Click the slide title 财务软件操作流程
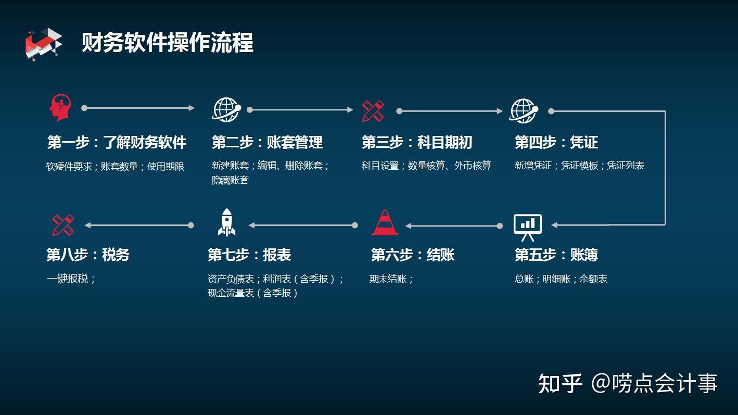point(167,43)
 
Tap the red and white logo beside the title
point(43,44)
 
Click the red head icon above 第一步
point(60,108)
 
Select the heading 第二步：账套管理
point(267,142)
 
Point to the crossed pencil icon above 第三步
point(373,111)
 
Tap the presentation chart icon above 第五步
point(528,227)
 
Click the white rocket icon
point(226,222)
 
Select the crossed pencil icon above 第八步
point(63,225)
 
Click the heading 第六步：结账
point(412,255)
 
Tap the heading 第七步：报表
point(249,255)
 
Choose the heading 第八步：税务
point(87,255)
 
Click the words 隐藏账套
point(230,180)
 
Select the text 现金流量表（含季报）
point(253,293)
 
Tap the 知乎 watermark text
point(560,383)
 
